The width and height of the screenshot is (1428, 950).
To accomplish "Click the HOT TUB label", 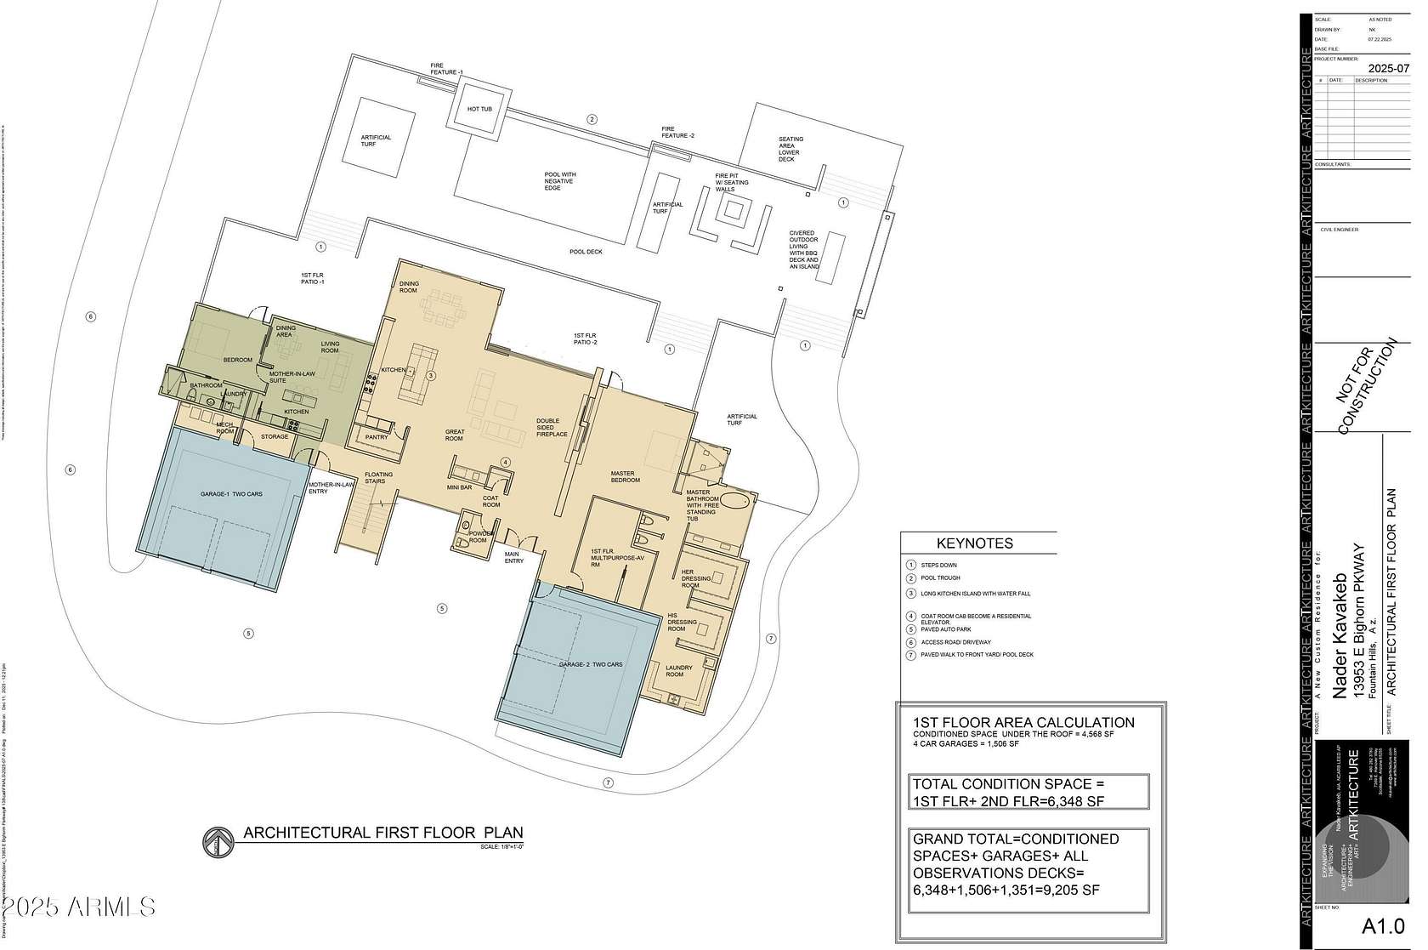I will [479, 109].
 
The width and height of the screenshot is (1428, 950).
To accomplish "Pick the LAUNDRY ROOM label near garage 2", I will [680, 671].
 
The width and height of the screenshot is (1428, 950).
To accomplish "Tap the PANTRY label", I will [376, 437].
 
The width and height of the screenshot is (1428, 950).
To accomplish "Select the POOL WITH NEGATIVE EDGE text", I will [558, 181].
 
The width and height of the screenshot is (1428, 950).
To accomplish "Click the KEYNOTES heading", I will [974, 543].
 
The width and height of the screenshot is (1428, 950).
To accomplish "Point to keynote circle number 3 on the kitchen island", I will [431, 375].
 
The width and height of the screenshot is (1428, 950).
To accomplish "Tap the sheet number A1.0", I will [1382, 926].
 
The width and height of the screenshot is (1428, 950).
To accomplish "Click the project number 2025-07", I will [1386, 68].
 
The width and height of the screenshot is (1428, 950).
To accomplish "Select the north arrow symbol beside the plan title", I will [218, 842].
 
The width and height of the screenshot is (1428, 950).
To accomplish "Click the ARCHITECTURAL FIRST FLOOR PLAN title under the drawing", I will [383, 833].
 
